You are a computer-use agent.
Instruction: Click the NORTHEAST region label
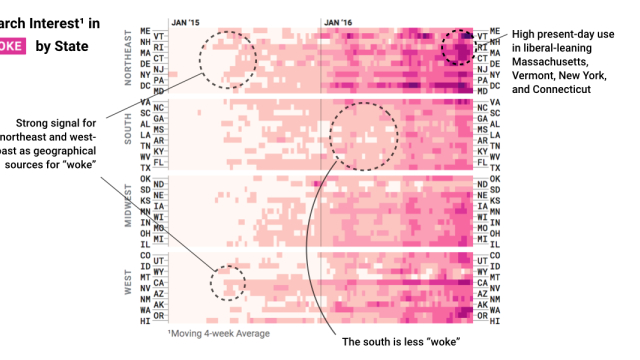click(127, 62)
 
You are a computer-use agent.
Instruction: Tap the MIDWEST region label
click(127, 207)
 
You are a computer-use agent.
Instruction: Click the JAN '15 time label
click(186, 20)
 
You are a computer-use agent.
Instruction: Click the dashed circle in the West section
click(227, 282)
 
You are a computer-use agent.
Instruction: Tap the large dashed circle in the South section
click(363, 134)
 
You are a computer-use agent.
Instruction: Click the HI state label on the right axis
click(485, 321)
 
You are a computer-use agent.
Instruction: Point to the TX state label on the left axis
click(146, 168)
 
